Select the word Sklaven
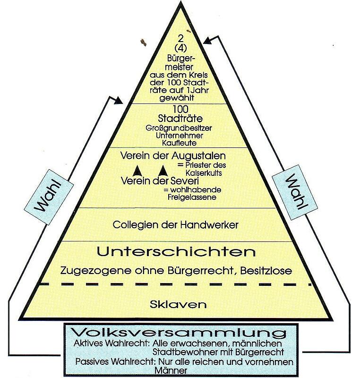point(178,304)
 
